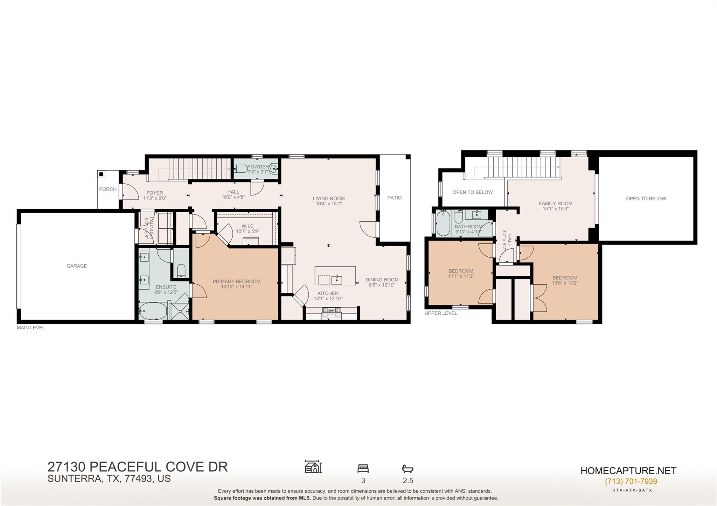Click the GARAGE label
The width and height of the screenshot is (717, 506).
(77, 266)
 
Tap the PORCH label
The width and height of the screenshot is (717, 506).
(107, 189)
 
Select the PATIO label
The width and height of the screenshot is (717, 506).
(394, 198)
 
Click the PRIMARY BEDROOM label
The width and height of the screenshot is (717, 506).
(236, 281)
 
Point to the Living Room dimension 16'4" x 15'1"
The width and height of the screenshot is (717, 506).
(328, 204)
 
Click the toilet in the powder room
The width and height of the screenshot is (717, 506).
(241, 169)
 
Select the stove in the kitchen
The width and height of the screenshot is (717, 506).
(332, 312)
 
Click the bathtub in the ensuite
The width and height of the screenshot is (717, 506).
(153, 311)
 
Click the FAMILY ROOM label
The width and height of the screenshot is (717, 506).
(555, 203)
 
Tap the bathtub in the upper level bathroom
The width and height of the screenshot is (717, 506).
(443, 223)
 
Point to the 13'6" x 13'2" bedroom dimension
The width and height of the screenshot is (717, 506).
(565, 283)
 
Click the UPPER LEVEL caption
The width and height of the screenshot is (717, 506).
(440, 313)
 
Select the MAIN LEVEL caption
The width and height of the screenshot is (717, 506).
(31, 328)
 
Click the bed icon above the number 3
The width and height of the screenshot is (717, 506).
(363, 468)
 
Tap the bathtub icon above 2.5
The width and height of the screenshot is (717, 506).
(408, 469)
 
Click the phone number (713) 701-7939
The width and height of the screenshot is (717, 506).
(631, 481)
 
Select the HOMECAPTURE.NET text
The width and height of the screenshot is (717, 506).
(628, 471)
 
